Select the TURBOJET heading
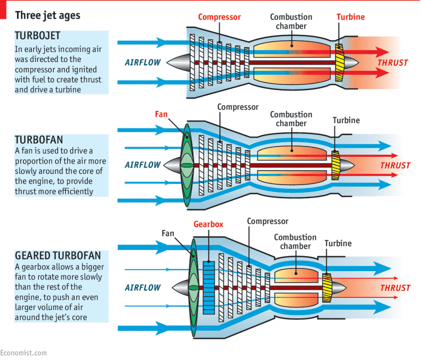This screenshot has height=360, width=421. point(40,37)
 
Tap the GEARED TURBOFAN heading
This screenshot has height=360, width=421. point(58,255)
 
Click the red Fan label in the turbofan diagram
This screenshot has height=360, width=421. point(161,115)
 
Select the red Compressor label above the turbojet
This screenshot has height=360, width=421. point(219,17)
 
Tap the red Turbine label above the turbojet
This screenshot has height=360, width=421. point(350,17)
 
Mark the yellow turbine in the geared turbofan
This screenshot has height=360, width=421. point(327,287)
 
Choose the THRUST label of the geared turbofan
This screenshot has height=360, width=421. point(395,288)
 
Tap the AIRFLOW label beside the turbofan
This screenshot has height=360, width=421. point(143,165)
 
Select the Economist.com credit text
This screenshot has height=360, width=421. point(24,353)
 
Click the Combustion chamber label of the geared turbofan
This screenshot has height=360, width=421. point(295,241)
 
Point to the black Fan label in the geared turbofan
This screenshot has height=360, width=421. point(168,233)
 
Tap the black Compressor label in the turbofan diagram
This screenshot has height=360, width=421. point(237,106)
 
